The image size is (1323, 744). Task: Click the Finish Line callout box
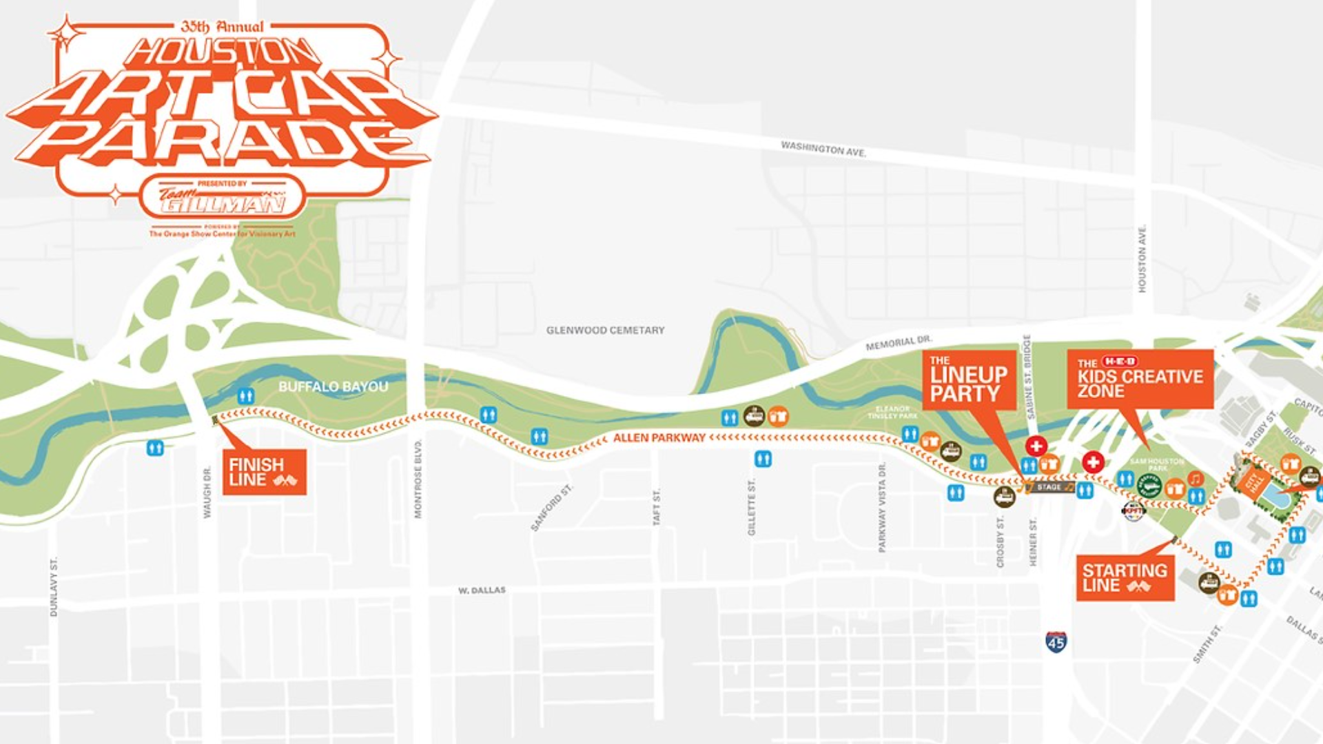[264, 473]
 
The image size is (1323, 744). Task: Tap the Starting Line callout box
[1125, 578]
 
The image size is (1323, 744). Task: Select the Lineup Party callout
[969, 380]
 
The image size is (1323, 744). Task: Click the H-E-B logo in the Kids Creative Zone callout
[1120, 362]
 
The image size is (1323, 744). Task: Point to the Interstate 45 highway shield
[1056, 642]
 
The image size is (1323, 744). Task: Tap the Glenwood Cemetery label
[605, 331]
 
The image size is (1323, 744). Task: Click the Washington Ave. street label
[823, 149]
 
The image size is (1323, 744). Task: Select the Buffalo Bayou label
[333, 387]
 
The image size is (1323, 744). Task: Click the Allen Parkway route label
[659, 438]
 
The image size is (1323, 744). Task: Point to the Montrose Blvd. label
[418, 478]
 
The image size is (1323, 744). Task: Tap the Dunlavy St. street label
[54, 586]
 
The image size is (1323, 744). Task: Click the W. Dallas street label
[482, 591]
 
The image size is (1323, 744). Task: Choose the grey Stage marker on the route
[1049, 487]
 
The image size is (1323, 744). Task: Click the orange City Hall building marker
[1253, 482]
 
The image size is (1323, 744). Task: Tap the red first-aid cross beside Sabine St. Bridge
[1036, 446]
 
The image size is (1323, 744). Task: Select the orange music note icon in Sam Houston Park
[1196, 478]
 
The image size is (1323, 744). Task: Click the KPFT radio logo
[1134, 510]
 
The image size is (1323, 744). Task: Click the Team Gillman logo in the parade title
[222, 198]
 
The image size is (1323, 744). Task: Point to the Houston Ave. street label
[1142, 258]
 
